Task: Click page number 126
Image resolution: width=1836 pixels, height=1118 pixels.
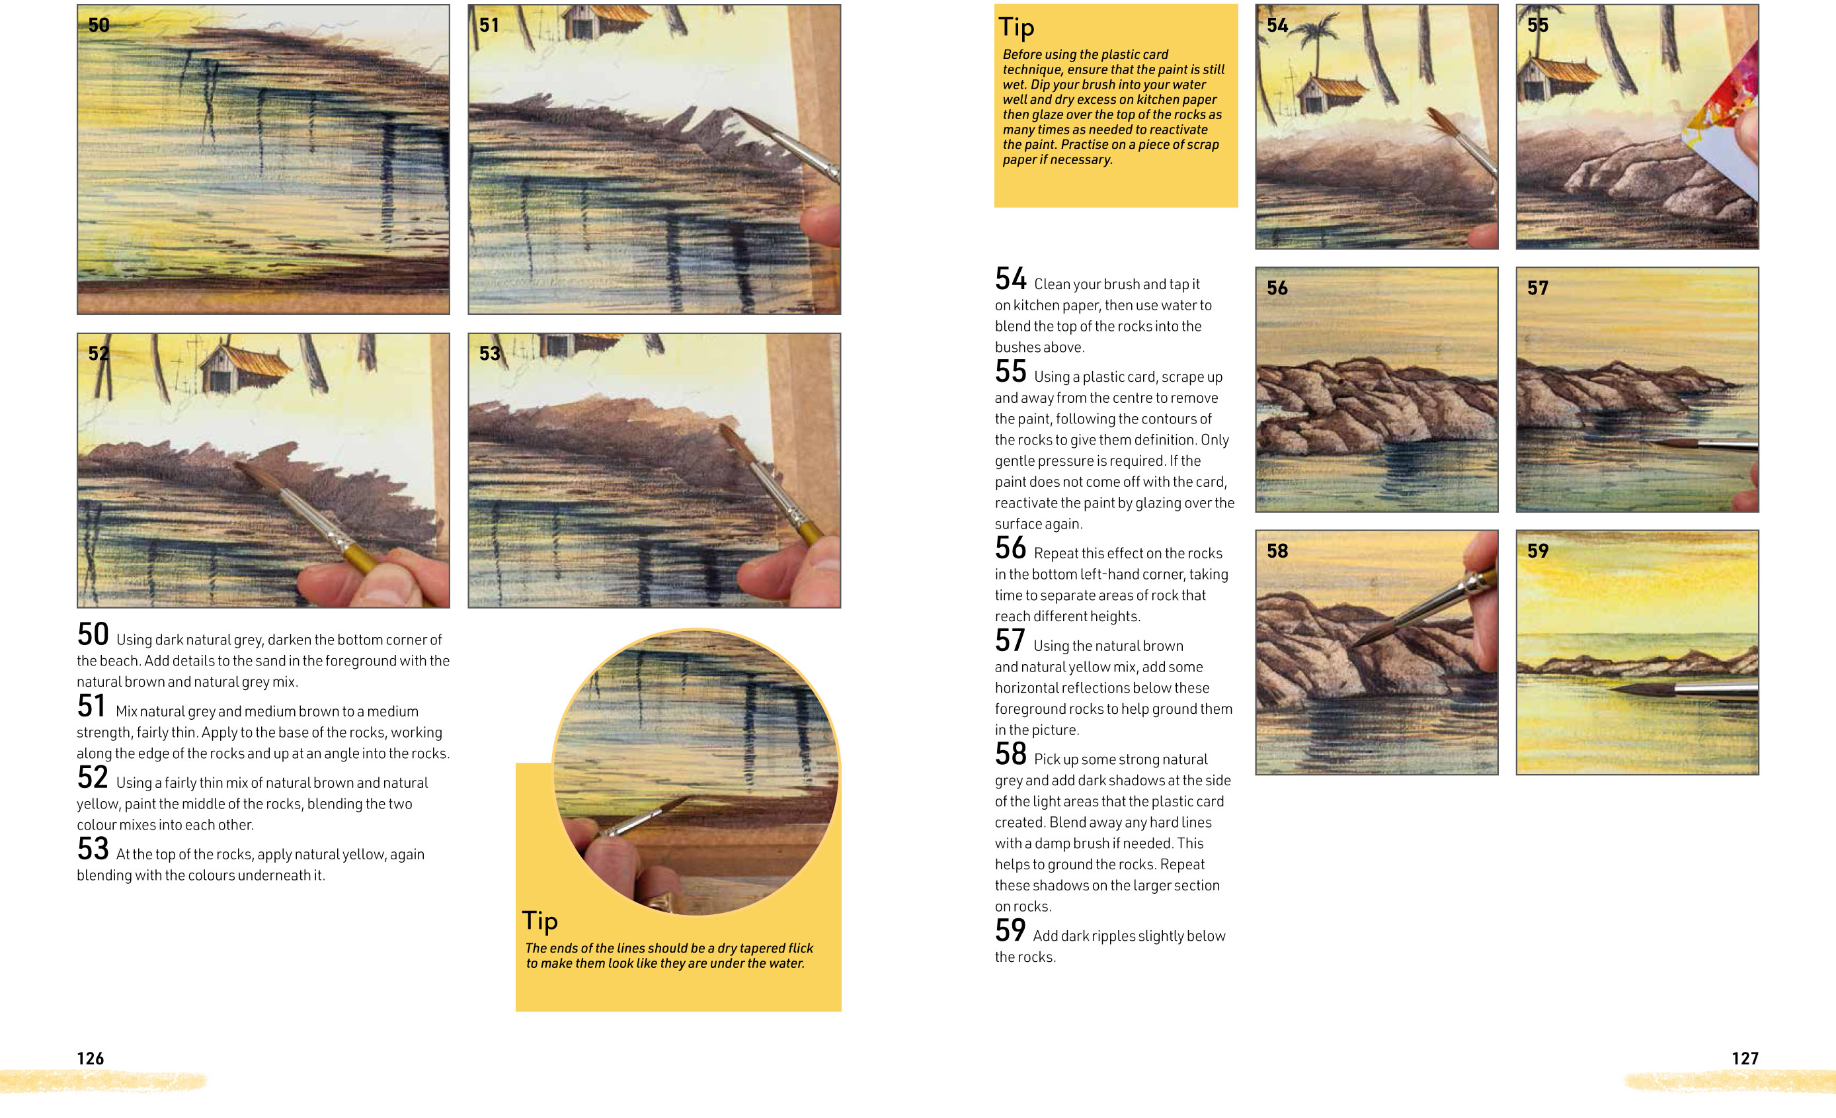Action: point(90,1058)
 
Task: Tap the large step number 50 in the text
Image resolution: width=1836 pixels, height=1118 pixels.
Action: point(93,635)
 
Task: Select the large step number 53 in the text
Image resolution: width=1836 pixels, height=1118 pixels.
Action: point(93,849)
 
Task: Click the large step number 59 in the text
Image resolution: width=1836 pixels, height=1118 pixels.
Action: point(1010,931)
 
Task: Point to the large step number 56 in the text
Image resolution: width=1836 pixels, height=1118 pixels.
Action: point(1010,548)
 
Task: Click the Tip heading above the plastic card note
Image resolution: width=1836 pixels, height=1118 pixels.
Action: point(1016,28)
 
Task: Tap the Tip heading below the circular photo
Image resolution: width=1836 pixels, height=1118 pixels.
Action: point(539,922)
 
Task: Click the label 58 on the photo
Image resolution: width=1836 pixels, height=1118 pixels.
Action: point(1277,551)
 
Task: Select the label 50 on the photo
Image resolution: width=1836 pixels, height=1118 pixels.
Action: point(99,25)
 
